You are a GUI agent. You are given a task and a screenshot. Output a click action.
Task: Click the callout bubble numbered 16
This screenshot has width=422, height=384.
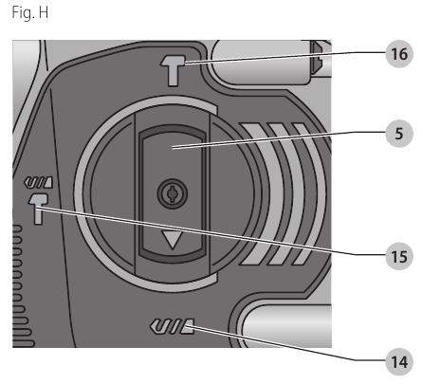point(399,54)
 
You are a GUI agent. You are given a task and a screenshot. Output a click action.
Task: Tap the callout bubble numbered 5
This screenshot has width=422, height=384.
point(399,134)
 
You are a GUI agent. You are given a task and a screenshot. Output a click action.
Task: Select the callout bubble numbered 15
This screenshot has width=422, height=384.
point(399,256)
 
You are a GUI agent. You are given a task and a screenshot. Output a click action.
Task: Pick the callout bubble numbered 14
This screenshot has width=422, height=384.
point(399,362)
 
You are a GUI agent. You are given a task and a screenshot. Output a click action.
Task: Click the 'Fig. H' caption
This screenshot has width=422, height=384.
point(30,13)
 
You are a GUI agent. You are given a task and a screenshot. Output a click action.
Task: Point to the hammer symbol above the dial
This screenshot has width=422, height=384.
point(173,70)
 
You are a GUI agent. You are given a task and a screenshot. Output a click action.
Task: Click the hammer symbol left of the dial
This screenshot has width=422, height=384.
point(38,209)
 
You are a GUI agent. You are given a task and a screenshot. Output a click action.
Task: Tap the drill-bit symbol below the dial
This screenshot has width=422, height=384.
point(173,326)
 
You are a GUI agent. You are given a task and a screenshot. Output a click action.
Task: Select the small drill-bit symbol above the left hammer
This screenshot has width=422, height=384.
point(38,182)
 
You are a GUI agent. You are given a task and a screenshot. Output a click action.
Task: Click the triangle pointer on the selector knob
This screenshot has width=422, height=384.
point(173,239)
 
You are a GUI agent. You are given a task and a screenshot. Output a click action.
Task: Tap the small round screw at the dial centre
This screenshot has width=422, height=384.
point(173,193)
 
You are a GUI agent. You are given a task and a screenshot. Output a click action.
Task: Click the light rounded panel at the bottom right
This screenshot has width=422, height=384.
point(287,325)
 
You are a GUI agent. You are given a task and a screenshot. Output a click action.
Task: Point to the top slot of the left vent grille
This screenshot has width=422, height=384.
point(17,229)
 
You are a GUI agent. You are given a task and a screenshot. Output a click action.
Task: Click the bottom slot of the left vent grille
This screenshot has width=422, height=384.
point(23,344)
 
